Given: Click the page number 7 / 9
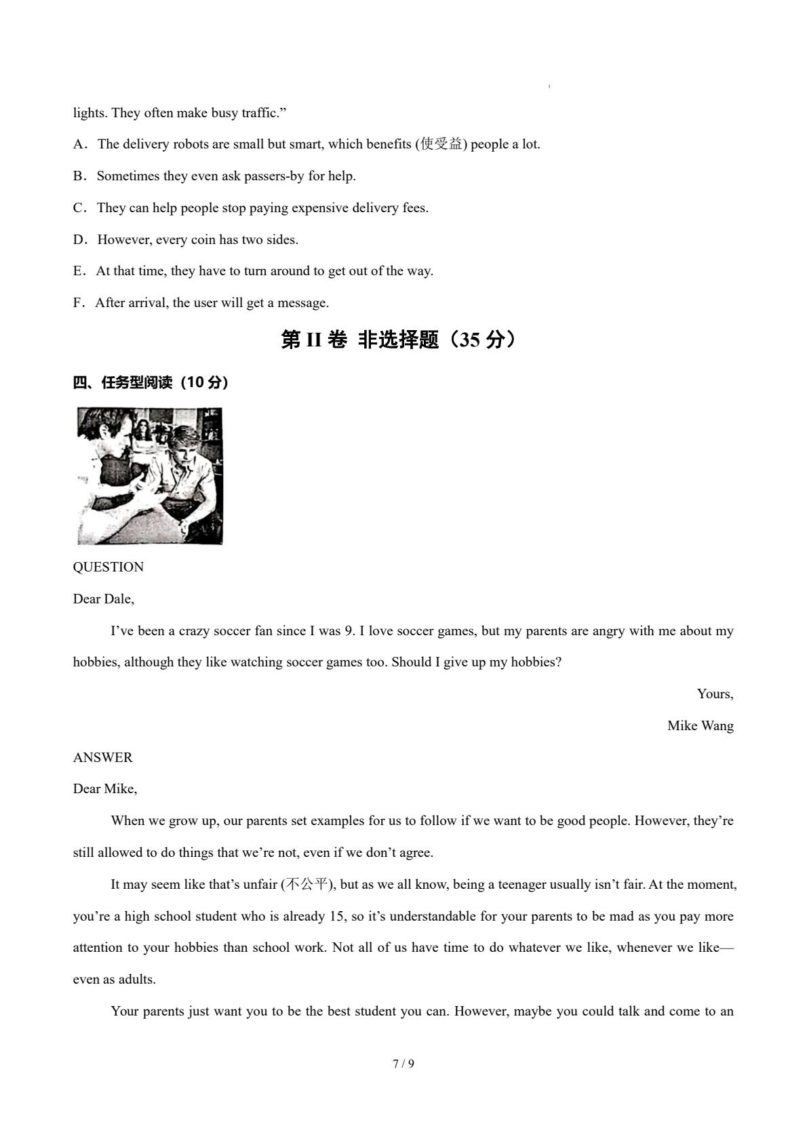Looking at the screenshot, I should tap(403, 1064).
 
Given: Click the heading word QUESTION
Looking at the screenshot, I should tap(109, 567).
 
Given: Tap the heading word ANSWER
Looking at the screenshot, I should tap(103, 758).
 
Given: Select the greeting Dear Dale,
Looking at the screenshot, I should tap(104, 599).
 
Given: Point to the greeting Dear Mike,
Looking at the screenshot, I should tap(105, 789).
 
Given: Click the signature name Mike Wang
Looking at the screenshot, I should tap(700, 726).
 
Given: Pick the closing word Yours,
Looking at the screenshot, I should tap(715, 694).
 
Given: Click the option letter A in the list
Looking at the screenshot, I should tap(78, 144).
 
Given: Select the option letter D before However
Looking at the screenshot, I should tap(78, 240).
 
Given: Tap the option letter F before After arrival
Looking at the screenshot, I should tap(77, 303).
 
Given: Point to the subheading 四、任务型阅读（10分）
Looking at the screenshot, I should tap(151, 383).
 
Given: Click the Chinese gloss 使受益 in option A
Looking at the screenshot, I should tap(441, 144).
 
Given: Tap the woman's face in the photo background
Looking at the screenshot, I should tap(143, 431).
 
